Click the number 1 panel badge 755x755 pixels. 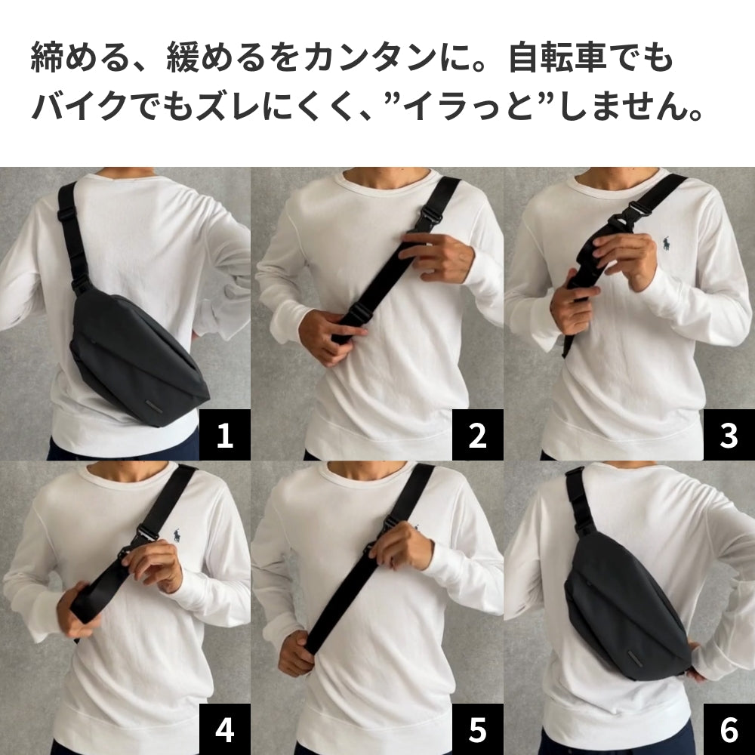click(225, 436)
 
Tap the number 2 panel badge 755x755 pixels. click(477, 436)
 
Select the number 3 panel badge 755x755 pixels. click(729, 436)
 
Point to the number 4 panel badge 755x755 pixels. click(225, 729)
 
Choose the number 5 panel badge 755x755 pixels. click(477, 729)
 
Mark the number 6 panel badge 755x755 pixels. click(729, 729)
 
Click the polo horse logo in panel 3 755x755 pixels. click(667, 245)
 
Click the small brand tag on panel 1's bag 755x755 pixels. click(160, 408)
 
